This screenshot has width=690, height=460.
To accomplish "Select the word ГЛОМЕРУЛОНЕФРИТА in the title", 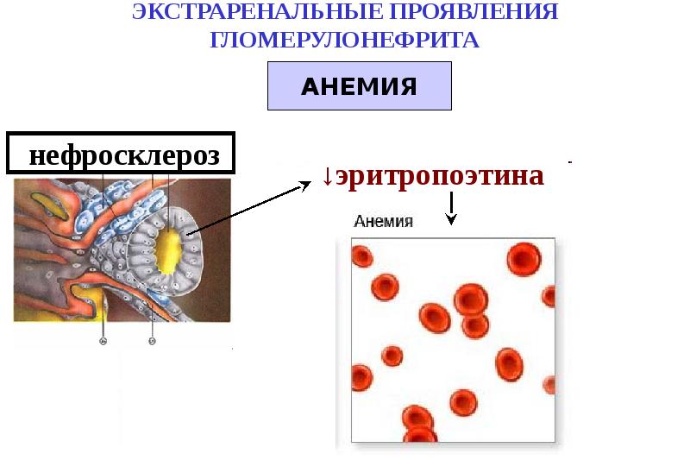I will pyautogui.click(x=344, y=41).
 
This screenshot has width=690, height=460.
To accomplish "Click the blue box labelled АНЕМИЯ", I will pyautogui.click(x=359, y=86).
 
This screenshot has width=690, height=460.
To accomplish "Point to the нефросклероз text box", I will pyautogui.click(x=121, y=155).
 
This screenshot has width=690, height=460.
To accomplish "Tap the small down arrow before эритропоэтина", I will pyautogui.click(x=328, y=176).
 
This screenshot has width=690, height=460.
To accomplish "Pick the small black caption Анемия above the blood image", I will pyautogui.click(x=384, y=221).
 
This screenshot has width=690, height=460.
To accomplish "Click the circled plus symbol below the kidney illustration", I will pyautogui.click(x=103, y=342).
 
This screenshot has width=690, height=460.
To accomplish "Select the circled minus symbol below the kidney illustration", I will pyautogui.click(x=153, y=342).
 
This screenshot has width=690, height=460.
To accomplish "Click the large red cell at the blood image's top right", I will pyautogui.click(x=524, y=258).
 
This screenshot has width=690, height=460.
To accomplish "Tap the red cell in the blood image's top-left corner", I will pyautogui.click(x=361, y=256).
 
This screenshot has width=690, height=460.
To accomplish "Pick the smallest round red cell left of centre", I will pyautogui.click(x=392, y=356).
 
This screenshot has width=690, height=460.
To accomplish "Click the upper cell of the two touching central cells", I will pyautogui.click(x=471, y=299).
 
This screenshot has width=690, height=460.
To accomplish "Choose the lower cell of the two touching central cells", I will pyautogui.click(x=475, y=325).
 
